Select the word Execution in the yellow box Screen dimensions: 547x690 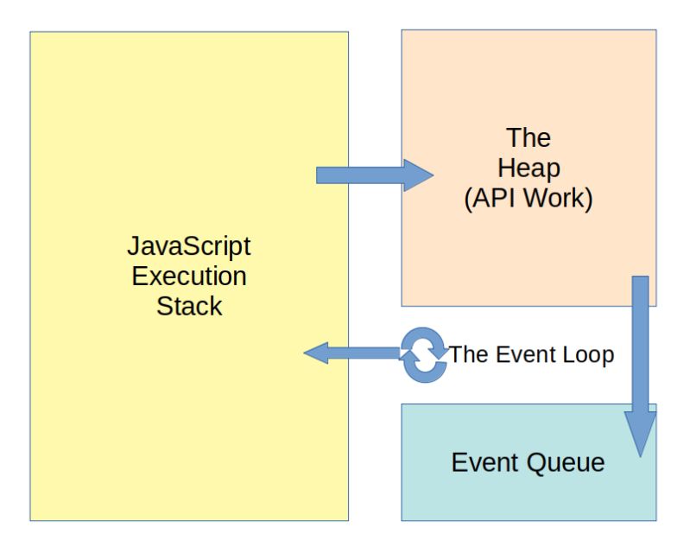point(188,277)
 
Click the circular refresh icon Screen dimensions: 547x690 point(423,355)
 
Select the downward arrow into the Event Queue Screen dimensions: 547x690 point(640,363)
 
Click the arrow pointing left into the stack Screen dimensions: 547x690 point(354,353)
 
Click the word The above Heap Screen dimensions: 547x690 point(529,138)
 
